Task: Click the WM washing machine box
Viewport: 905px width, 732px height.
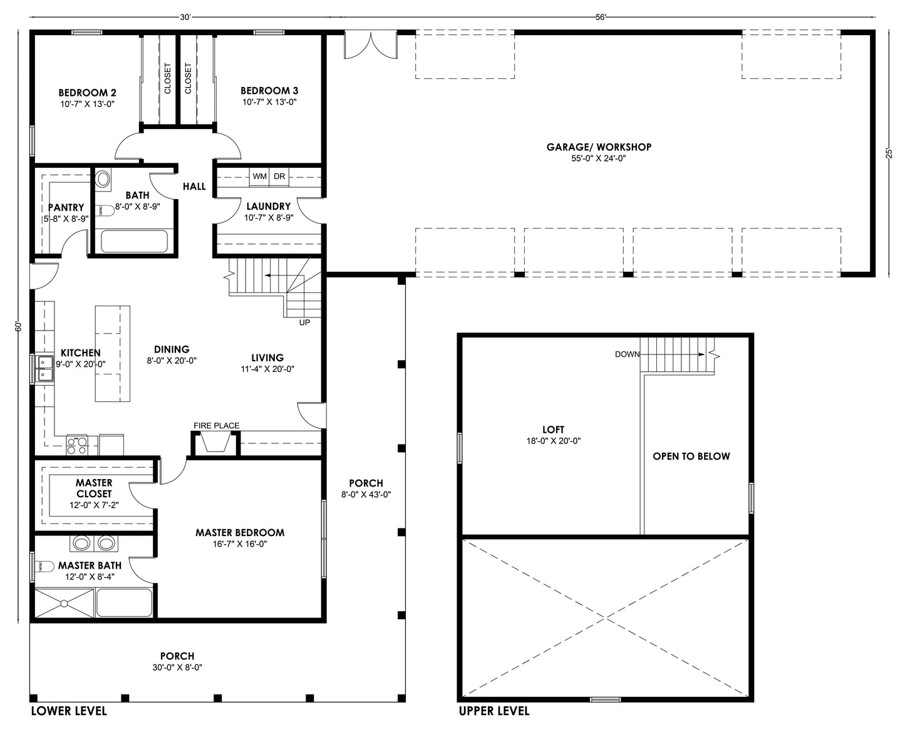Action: click(259, 177)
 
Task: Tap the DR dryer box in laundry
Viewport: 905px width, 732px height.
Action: click(279, 177)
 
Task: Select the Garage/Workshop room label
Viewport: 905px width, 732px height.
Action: click(599, 147)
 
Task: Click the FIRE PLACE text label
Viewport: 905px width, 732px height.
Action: click(216, 426)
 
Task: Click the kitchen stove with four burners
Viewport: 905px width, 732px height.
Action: click(77, 445)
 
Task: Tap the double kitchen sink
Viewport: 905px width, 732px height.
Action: click(44, 368)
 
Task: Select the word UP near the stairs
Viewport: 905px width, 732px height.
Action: click(304, 322)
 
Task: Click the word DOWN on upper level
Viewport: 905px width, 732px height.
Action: click(627, 354)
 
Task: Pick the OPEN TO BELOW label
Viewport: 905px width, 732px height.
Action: click(691, 456)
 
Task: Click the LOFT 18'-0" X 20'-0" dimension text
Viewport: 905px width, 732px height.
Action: click(553, 441)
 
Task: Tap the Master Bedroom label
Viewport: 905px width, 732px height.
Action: click(240, 533)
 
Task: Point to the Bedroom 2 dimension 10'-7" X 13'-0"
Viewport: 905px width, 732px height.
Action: click(88, 104)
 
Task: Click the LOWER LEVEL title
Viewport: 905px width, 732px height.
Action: click(69, 711)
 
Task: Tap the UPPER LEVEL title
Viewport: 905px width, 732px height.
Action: click(494, 711)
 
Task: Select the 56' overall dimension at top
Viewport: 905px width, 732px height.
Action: click(600, 18)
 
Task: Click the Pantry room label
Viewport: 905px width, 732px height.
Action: click(66, 207)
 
